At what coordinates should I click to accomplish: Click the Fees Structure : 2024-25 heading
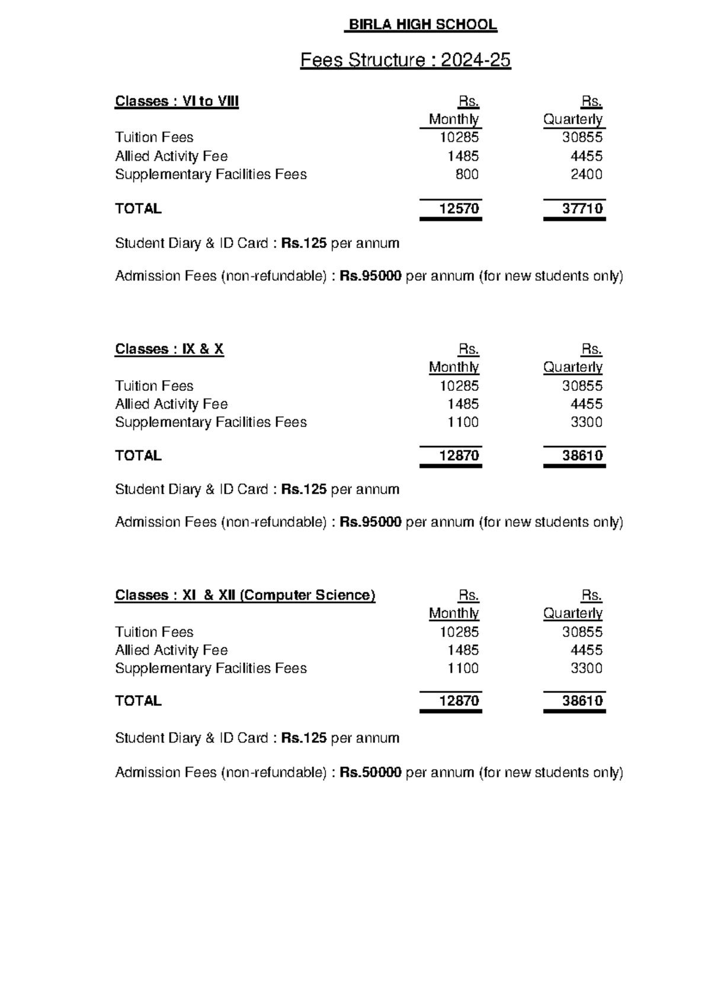click(405, 60)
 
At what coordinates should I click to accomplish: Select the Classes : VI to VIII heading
click(177, 101)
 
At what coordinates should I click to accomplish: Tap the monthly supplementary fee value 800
click(467, 174)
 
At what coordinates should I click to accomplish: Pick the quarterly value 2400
click(586, 174)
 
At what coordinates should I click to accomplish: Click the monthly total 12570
click(459, 209)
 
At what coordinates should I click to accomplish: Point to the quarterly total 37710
click(582, 209)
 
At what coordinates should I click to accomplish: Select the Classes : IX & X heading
click(169, 349)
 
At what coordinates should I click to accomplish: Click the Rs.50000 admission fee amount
click(370, 772)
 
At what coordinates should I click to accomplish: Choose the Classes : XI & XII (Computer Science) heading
click(245, 595)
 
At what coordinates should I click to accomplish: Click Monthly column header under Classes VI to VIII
click(454, 119)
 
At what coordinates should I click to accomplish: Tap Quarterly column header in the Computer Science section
click(573, 613)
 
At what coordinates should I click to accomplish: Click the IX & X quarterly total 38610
click(582, 456)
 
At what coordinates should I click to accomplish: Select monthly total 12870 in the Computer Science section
click(459, 701)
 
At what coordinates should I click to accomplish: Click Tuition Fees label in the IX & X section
click(154, 386)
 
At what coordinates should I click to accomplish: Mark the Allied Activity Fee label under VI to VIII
click(171, 156)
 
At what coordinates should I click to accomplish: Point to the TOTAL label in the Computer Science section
click(138, 701)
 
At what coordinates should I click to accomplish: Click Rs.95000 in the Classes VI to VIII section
click(370, 276)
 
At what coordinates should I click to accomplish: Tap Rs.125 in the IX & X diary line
click(303, 489)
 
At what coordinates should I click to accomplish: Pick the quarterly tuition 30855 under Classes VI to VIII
click(582, 138)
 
